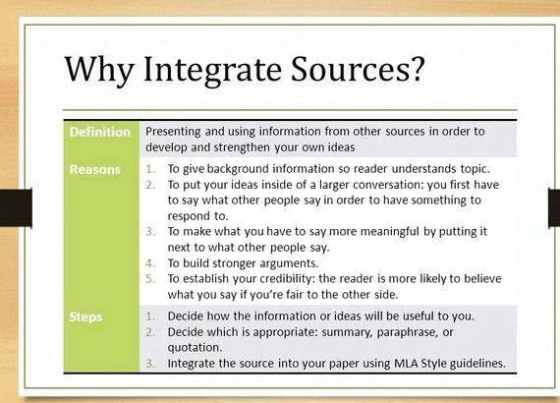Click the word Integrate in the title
click(x=211, y=70)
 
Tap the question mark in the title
click(x=417, y=68)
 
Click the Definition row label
click(x=100, y=132)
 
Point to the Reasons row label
click(x=95, y=169)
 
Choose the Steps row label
click(x=85, y=317)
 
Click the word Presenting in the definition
click(x=173, y=132)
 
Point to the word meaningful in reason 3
click(x=390, y=232)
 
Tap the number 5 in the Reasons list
click(x=150, y=279)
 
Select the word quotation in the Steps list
click(x=195, y=348)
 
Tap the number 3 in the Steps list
click(x=150, y=364)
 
